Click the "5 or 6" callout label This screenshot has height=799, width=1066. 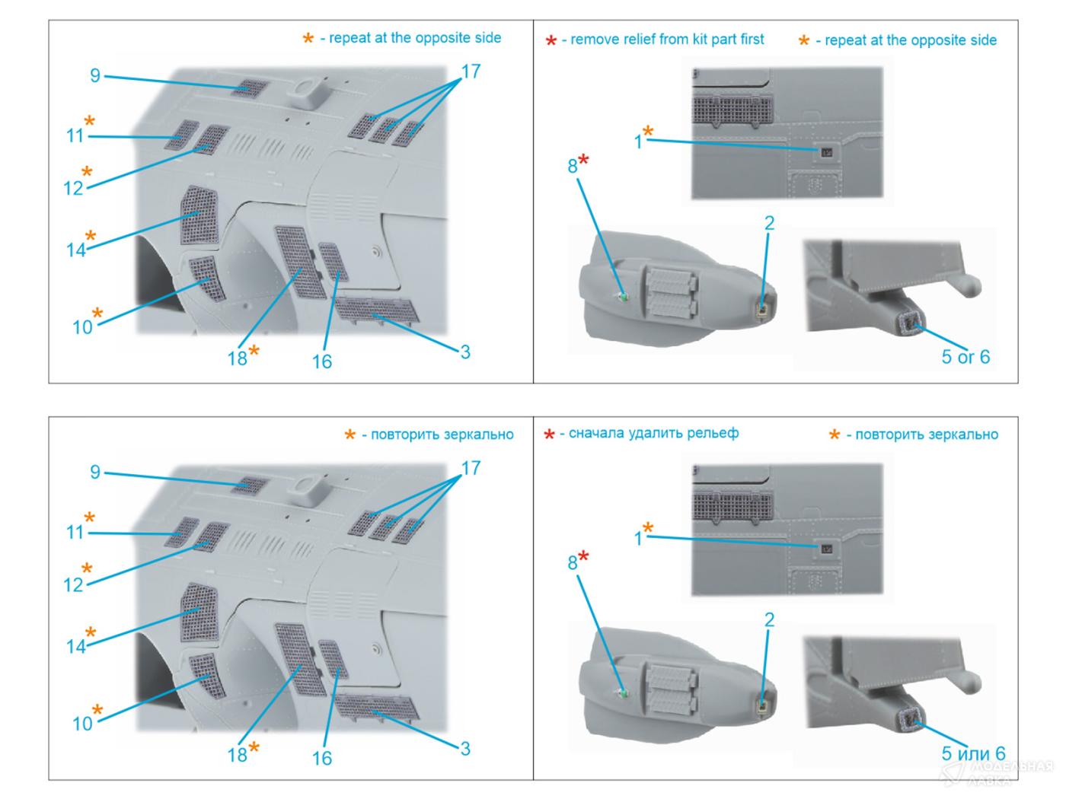point(965,357)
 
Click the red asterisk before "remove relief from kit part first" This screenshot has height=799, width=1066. point(551,41)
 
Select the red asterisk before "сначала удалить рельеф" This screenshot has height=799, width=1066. point(549,435)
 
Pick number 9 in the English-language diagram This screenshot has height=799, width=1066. point(95,75)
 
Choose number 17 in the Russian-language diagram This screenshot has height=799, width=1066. point(471,468)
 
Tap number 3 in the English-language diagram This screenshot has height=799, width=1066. point(464,352)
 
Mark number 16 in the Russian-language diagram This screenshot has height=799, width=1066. point(322,758)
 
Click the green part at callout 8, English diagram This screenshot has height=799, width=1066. point(622,297)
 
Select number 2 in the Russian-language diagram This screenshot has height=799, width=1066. point(769,619)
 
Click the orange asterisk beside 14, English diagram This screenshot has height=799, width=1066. point(91,236)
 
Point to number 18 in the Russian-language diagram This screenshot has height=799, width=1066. point(237,754)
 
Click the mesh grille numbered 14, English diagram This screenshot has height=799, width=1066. point(199,216)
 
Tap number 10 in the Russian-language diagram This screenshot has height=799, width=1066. point(82,724)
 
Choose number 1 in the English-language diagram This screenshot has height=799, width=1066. point(638,142)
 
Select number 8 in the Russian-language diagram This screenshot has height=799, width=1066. point(573,563)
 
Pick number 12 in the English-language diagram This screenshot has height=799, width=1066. point(73,188)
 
